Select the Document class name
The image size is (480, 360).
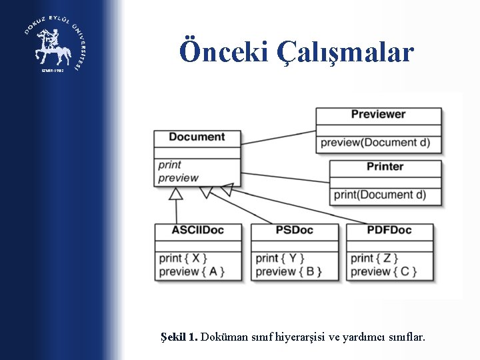(197, 137)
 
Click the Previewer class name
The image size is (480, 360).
(378, 114)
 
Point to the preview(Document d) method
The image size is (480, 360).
(375, 142)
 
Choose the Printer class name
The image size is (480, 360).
(385, 167)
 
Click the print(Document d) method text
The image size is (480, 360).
(379, 195)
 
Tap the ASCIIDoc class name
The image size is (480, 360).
(197, 231)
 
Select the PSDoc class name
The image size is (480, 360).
(294, 231)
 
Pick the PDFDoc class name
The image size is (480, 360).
(389, 231)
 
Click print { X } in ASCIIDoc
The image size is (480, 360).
(183, 258)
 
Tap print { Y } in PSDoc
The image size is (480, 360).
(280, 258)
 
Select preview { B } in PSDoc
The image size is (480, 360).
(289, 271)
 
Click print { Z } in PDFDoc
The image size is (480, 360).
(375, 258)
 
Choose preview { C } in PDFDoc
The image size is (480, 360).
(383, 271)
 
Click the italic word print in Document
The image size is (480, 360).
(170, 165)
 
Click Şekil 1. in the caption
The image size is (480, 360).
(179, 338)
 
